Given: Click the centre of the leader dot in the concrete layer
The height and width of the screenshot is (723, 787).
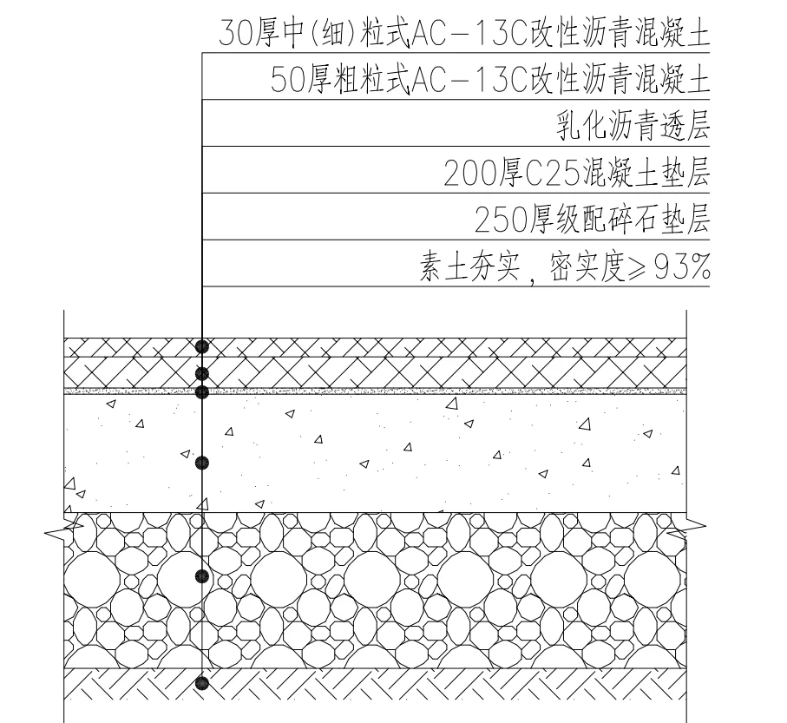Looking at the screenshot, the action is click(202, 463).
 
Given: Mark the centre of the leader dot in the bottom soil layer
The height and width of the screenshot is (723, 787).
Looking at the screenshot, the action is click(202, 683).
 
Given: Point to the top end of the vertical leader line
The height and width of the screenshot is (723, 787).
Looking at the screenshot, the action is click(202, 52).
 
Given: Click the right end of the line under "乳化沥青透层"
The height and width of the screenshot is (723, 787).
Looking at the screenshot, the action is click(710, 146).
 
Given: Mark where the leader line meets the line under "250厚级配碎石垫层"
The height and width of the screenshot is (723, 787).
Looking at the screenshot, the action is click(202, 240).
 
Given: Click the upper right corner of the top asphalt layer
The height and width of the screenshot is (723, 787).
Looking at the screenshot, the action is click(686, 338).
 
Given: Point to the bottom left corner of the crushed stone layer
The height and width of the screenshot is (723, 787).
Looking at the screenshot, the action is click(64, 667).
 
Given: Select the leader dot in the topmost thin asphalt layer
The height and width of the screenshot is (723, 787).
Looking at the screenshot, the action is click(202, 346).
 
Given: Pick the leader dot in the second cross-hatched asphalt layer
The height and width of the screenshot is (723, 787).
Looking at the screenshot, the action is click(202, 373).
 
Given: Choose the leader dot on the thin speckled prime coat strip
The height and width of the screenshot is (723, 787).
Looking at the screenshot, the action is click(202, 391).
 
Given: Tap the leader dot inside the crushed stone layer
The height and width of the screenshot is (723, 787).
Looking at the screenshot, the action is click(202, 576).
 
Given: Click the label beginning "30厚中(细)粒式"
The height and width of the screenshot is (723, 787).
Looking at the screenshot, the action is click(464, 33).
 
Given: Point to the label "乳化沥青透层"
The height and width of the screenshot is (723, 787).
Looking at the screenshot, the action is click(633, 126).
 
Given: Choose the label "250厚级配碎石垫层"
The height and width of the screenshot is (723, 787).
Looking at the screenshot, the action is click(593, 220).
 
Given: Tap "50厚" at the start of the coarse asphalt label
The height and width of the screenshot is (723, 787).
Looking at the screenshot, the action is click(300, 80).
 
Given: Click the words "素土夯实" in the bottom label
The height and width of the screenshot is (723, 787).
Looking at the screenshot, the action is click(469, 266).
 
